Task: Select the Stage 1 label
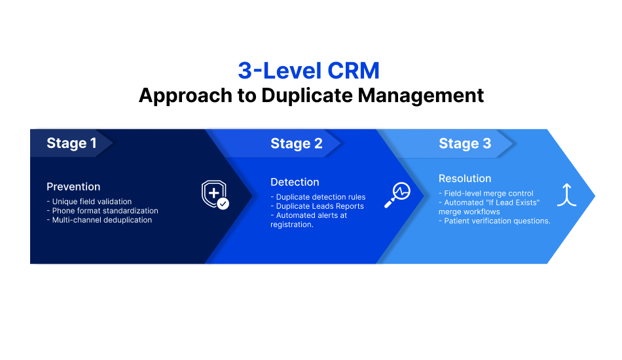pyautogui.click(x=71, y=143)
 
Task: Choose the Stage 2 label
pyautogui.click(x=296, y=143)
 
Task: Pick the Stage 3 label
pyautogui.click(x=465, y=143)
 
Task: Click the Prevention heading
pyautogui.click(x=73, y=187)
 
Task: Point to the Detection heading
pyautogui.click(x=295, y=182)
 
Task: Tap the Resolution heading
pyautogui.click(x=465, y=178)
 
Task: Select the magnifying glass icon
pyautogui.click(x=397, y=194)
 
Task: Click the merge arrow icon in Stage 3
pyautogui.click(x=566, y=194)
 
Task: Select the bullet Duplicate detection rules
pyautogui.click(x=320, y=197)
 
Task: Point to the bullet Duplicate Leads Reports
pyautogui.click(x=320, y=206)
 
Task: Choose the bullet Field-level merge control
pyautogui.click(x=488, y=194)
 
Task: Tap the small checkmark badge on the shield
pyautogui.click(x=223, y=204)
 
